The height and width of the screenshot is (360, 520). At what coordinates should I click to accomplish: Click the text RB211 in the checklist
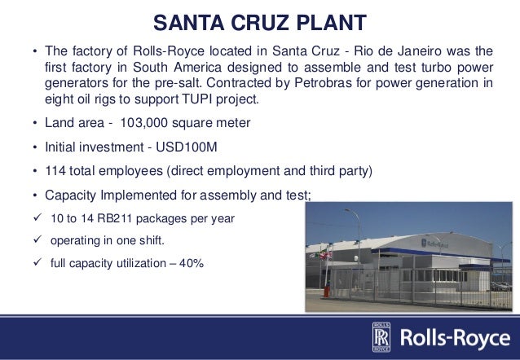pos(126,218)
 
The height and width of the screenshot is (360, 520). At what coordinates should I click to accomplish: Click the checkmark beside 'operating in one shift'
pos(35,242)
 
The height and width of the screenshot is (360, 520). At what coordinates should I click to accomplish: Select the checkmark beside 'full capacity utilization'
pos(35,265)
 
